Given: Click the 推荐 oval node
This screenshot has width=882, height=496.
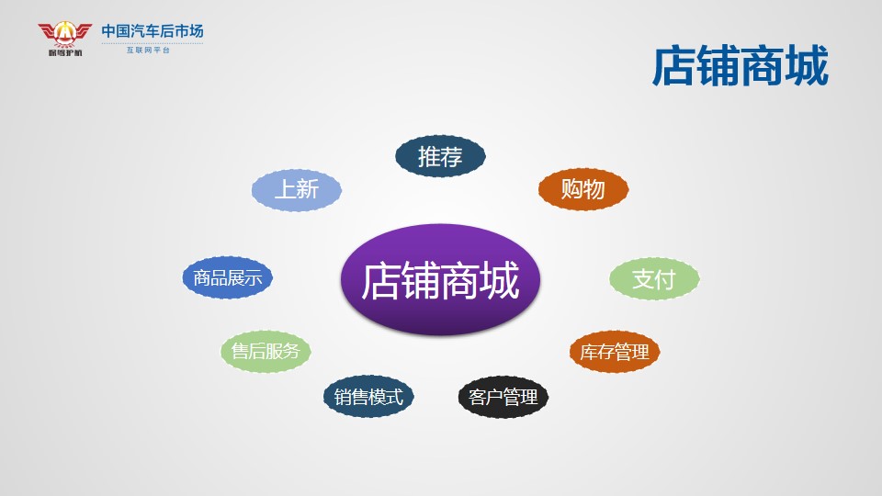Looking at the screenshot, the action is [x=440, y=156].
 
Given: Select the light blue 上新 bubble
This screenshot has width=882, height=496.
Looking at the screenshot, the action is [x=297, y=190].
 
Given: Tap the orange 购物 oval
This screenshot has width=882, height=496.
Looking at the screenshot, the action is [x=583, y=189].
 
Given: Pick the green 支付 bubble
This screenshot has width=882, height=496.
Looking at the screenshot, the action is [x=654, y=278].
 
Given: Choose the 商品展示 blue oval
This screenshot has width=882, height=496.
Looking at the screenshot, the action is [x=227, y=277].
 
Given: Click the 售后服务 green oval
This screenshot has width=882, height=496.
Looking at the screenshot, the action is [x=266, y=351].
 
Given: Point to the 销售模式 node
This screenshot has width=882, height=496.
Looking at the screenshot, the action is [x=368, y=397].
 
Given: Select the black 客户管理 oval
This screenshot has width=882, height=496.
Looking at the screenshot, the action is [x=503, y=397].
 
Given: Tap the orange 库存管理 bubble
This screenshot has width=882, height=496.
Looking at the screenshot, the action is [x=615, y=352].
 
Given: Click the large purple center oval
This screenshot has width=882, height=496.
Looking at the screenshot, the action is [x=440, y=279].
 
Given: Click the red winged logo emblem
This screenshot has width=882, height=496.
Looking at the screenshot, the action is [x=64, y=34].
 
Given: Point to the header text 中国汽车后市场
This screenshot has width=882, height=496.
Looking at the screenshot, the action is [x=153, y=31].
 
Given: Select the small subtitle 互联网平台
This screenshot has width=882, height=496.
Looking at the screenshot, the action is [x=148, y=50].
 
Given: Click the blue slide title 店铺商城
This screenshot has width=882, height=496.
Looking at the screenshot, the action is [x=741, y=66].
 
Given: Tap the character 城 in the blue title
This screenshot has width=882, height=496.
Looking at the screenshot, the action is [x=808, y=66].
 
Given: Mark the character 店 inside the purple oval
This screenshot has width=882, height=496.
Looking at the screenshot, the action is [x=380, y=281].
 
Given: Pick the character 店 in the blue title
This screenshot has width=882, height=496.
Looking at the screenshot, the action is [x=673, y=66].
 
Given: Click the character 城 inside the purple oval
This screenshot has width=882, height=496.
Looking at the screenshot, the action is [x=500, y=281].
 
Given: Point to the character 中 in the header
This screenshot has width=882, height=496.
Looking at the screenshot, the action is [x=108, y=31].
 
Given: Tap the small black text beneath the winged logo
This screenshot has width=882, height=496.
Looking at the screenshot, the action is [x=64, y=53].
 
